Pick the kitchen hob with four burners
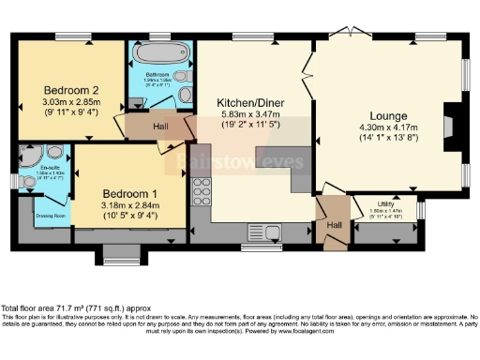(x=202, y=191)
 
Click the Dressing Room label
(x=52, y=216)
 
